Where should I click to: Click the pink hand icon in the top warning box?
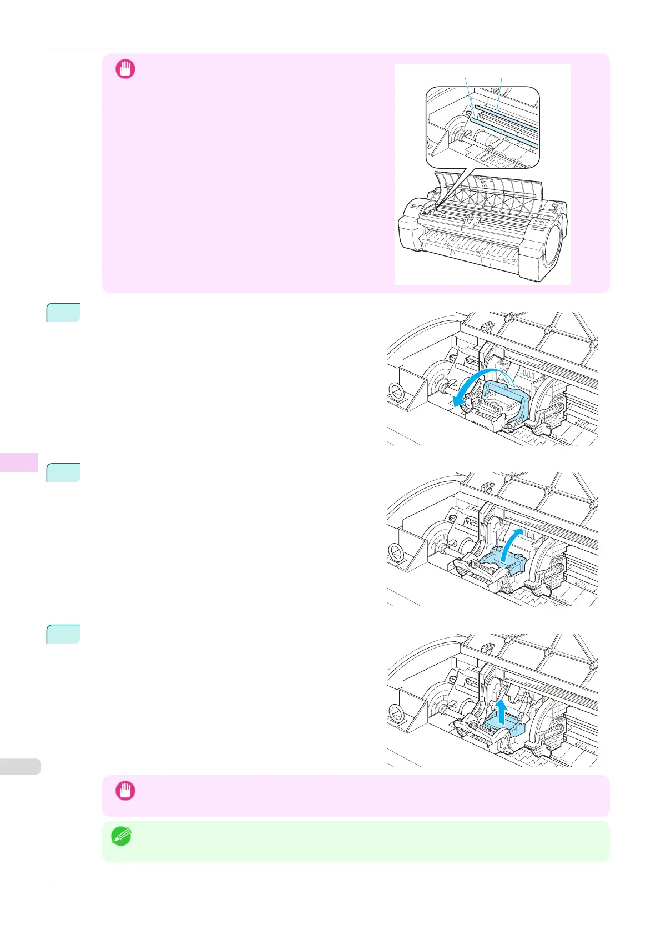125,69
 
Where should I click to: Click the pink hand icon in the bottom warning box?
125,790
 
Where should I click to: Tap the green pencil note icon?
121,836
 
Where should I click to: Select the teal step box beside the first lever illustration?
63,312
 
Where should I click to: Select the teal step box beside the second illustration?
63,472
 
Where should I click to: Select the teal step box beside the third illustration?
63,634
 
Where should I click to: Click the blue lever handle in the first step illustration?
508,397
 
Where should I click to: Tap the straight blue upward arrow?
502,712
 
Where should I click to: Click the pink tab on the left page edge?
19,462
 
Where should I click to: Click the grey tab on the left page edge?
20,766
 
